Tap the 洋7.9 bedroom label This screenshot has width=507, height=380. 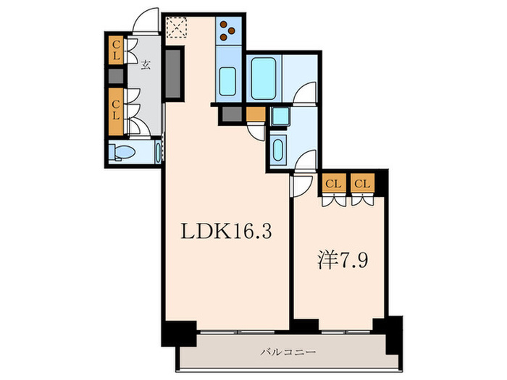click(x=345, y=258)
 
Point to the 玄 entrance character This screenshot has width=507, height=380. click(x=146, y=64)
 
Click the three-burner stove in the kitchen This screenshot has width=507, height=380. click(x=228, y=30)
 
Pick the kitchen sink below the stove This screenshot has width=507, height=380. click(x=228, y=81)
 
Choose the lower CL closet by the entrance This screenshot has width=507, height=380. click(x=116, y=110)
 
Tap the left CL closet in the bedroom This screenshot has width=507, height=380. click(x=333, y=184)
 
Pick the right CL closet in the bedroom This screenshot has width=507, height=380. click(x=362, y=184)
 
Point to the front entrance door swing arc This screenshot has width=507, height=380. click(x=148, y=20)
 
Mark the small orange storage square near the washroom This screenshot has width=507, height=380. click(x=256, y=114)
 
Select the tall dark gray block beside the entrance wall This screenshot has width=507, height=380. click(x=174, y=72)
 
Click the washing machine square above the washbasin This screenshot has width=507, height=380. click(x=279, y=117)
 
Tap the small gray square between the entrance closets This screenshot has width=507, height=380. click(x=116, y=76)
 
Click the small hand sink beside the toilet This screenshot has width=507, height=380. click(x=158, y=152)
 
